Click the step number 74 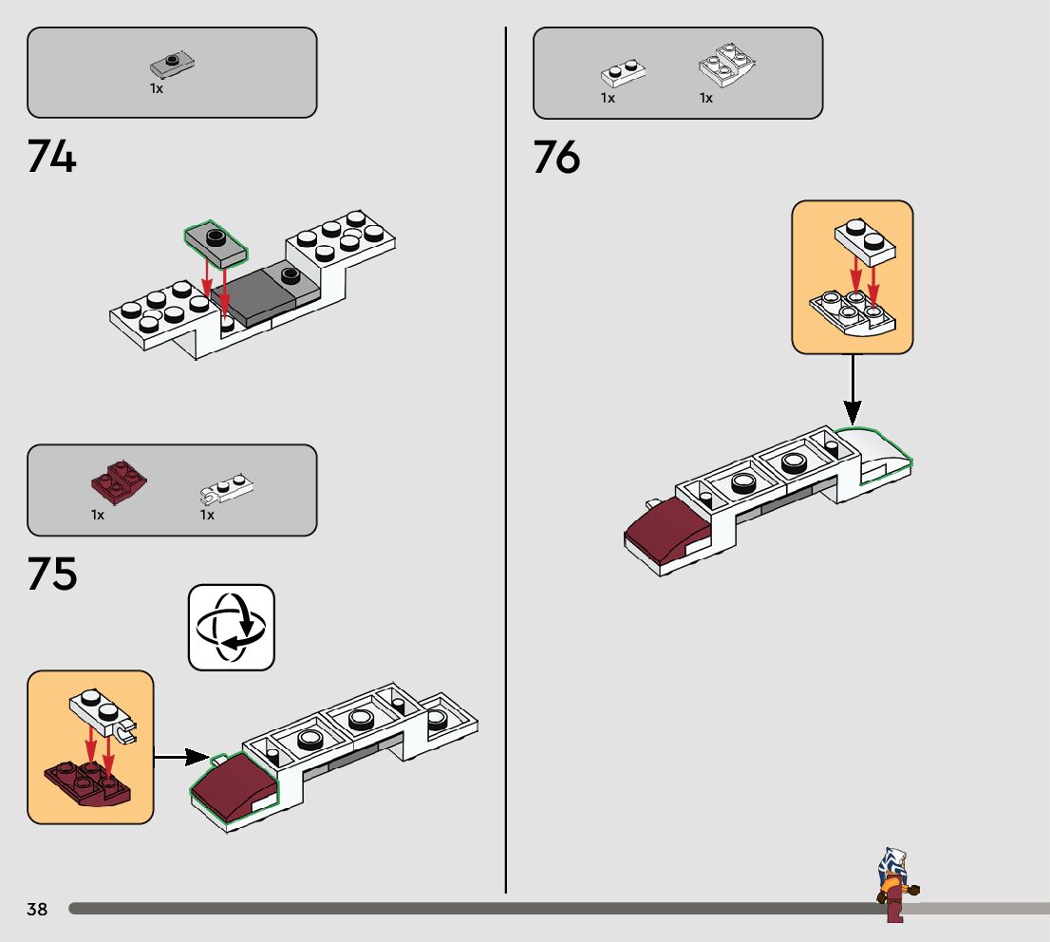(51, 157)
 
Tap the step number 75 (51, 575)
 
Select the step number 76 (556, 157)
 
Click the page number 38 (37, 910)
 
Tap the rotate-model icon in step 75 (232, 627)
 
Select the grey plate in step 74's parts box (173, 65)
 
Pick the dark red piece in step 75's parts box (115, 479)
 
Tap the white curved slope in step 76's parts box (727, 65)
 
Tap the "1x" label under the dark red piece (98, 515)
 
